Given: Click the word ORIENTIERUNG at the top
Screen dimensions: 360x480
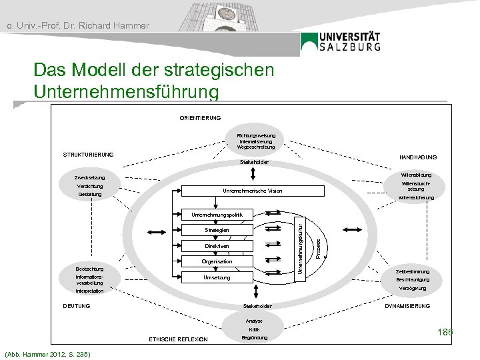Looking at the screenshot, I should tap(201, 118).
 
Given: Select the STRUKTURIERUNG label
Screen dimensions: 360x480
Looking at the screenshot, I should tap(89, 155).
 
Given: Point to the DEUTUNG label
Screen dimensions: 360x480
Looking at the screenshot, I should tap(76, 306).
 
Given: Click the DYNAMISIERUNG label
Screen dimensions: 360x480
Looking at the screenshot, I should tap(408, 306).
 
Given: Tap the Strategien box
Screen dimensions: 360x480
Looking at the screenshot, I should tap(216, 230).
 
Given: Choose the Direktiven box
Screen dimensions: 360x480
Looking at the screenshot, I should tap(217, 246).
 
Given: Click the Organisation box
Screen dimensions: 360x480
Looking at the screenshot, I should tap(216, 262).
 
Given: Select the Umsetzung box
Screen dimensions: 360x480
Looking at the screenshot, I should tap(217, 277).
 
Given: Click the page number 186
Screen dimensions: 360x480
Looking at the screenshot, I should tap(445, 331).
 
